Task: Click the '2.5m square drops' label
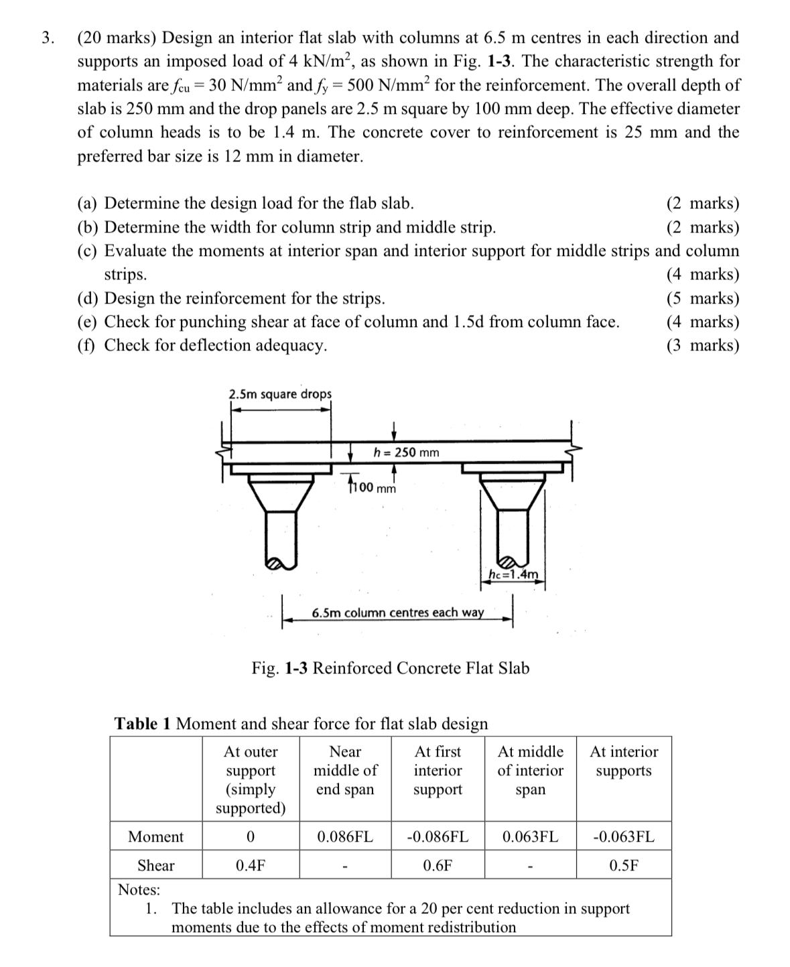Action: (x=280, y=394)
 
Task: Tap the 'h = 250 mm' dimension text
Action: (x=406, y=452)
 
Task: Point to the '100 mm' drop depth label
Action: (x=373, y=488)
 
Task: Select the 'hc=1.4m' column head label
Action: (x=513, y=574)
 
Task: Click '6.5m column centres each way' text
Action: (x=398, y=613)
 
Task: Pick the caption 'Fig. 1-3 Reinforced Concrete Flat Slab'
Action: (x=390, y=668)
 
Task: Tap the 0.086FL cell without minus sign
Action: (x=345, y=836)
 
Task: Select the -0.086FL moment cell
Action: (x=438, y=836)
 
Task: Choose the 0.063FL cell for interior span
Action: (x=530, y=836)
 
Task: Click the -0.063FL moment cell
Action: (x=624, y=836)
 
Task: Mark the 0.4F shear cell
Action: (x=250, y=865)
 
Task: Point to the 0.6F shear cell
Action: (x=438, y=865)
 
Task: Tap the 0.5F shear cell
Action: (x=624, y=865)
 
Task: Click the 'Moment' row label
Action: (x=155, y=836)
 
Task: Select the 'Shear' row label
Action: (x=155, y=865)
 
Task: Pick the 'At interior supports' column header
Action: (x=624, y=761)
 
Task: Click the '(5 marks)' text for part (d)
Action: (x=703, y=298)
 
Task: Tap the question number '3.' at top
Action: (x=48, y=38)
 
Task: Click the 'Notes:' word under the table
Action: (x=139, y=890)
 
